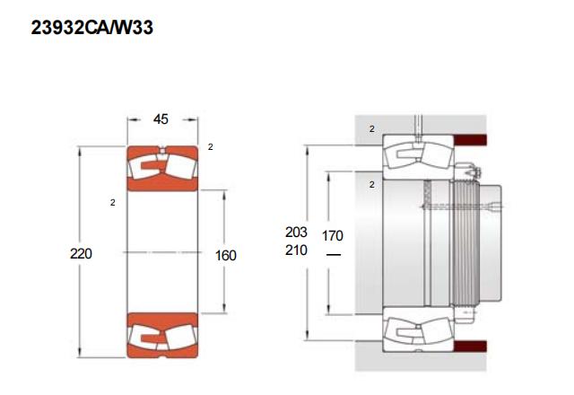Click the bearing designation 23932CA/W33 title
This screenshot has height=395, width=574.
91,28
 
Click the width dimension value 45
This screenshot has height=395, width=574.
161,119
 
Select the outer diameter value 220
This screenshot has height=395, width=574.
81,253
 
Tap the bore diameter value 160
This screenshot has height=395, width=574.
225,255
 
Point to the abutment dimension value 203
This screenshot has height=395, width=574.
296,232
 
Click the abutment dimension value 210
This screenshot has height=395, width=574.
296,250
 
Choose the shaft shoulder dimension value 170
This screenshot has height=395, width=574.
333,235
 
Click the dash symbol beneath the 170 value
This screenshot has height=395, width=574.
333,254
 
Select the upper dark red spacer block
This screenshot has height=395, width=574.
470,140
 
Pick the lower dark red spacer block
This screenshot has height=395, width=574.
470,347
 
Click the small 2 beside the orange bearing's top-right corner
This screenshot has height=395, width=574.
210,147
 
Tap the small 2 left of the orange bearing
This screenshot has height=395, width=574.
112,202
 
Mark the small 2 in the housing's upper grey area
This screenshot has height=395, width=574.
372,129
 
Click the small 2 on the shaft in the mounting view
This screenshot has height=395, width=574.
372,184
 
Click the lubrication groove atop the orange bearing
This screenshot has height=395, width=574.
162,150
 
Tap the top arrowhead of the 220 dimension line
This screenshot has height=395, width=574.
80,151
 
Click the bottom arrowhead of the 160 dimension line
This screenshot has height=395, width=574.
224,308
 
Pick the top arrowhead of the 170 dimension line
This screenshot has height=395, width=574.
329,177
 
